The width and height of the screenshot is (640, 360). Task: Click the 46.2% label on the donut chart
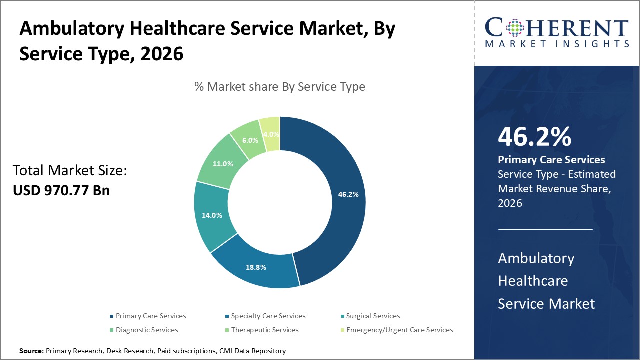click(348, 194)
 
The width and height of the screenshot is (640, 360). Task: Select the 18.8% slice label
click(256, 267)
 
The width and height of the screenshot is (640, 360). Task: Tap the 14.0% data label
click(212, 215)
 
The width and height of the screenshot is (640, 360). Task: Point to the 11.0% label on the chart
click(223, 164)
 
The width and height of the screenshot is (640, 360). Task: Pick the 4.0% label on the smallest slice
click(270, 134)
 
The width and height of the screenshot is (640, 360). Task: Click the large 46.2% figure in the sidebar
click(534, 137)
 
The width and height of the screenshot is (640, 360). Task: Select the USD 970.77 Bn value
click(61, 190)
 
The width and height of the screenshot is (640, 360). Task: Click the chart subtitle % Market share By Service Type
click(280, 87)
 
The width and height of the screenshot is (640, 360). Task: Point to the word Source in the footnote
click(31, 351)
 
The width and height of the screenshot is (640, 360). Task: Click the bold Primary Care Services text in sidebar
click(551, 160)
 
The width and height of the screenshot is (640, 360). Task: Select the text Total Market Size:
click(70, 171)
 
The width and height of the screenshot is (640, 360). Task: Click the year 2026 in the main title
click(162, 54)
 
